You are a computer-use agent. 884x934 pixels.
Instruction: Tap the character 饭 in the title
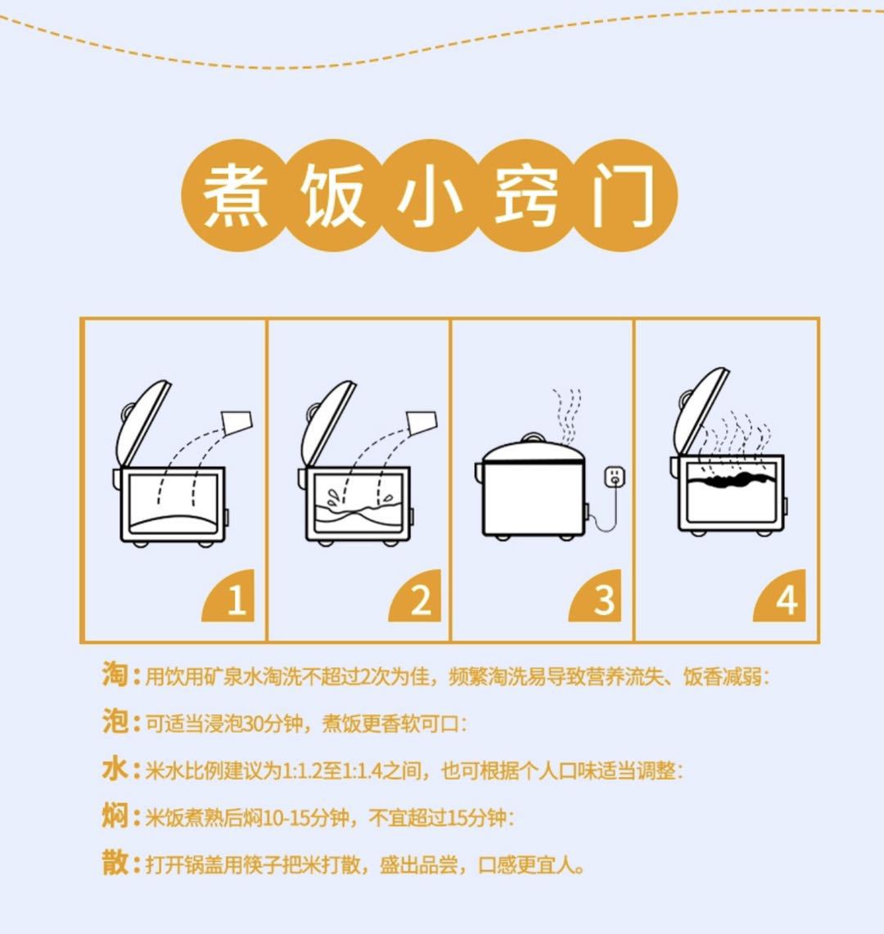pos(332,195)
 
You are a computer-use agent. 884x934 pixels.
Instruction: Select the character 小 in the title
pos(430,195)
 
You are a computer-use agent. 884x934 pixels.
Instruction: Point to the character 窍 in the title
pos(527,195)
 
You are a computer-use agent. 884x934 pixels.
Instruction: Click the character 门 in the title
pos(624,195)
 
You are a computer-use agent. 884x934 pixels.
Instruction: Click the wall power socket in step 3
pos(616,475)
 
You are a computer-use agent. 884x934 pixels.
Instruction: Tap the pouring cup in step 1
pos(237,422)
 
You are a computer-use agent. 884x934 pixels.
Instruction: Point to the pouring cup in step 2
pos(422,422)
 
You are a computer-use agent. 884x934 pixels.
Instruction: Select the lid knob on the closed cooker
pos(532,438)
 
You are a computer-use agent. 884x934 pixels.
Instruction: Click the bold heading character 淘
pos(115,675)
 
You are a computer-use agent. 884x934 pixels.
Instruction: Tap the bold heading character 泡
pos(115,722)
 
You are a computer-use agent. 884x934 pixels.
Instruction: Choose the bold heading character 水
pos(115,769)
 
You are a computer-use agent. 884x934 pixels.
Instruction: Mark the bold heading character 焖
pos(115,815)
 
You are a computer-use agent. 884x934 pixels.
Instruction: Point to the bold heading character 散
pos(115,863)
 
